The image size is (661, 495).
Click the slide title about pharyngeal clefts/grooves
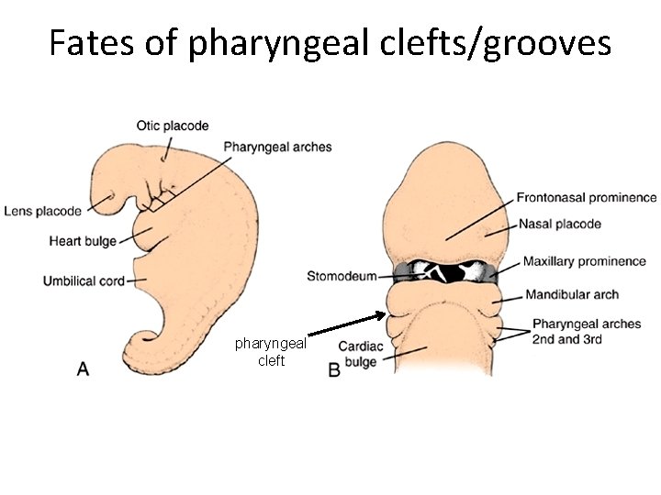(330, 42)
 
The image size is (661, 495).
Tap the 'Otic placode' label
(173, 126)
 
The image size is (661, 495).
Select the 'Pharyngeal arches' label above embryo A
(277, 147)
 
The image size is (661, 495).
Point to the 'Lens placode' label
(42, 211)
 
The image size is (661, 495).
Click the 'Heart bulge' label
(83, 241)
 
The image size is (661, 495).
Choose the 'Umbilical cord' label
(84, 280)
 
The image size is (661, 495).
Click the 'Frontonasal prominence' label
(587, 197)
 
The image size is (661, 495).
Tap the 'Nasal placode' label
(560, 224)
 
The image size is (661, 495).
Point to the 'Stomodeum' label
(342, 276)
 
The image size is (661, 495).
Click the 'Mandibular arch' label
(572, 295)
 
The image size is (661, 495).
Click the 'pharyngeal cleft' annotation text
(271, 352)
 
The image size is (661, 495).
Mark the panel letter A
(83, 368)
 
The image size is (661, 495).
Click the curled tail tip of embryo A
(144, 344)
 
